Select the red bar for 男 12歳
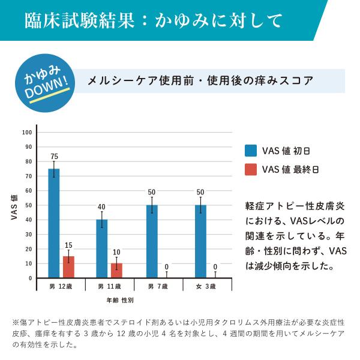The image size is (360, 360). click(x=69, y=267)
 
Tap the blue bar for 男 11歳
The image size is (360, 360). click(x=102, y=248)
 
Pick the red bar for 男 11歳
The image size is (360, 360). click(x=116, y=271)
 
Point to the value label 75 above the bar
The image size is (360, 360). click(x=54, y=157)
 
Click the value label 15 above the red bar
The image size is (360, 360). click(x=69, y=245)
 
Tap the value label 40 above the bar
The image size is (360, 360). click(x=101, y=207)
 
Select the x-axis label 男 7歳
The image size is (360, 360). click(x=158, y=287)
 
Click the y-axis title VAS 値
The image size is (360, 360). click(x=13, y=207)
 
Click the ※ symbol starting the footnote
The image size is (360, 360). click(x=16, y=322)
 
